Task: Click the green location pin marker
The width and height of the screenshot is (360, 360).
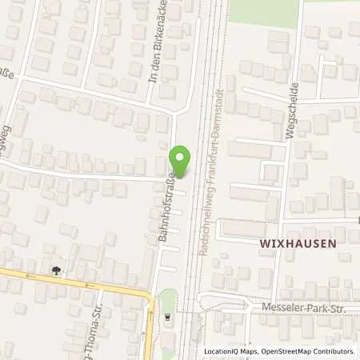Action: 182,159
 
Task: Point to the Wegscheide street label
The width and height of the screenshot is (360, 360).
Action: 293,110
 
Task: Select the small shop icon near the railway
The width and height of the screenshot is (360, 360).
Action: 167,315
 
